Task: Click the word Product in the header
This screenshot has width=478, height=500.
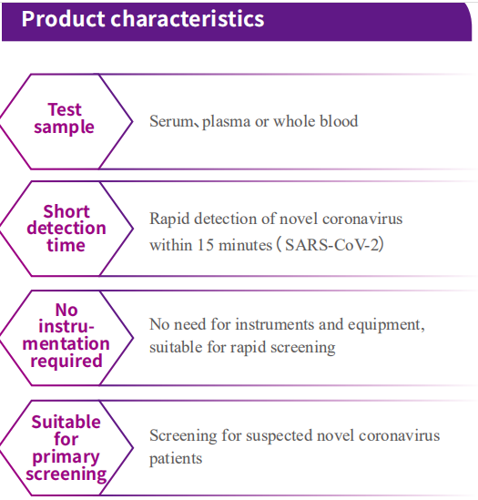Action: coord(63,18)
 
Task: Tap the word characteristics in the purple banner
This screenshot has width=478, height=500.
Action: coord(188,18)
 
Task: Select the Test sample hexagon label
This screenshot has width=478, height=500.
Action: coord(64,118)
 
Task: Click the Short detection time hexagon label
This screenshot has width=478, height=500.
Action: coord(66,229)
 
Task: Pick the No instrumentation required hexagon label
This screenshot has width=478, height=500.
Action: coord(66,335)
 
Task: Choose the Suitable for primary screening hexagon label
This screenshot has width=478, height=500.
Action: coord(66,448)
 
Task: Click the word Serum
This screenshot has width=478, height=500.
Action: coord(171,121)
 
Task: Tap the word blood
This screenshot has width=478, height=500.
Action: coord(339,121)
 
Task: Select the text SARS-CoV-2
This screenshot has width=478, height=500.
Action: coord(333,245)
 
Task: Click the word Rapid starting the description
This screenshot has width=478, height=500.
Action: coord(169,219)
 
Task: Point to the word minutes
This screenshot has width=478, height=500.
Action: coord(246,245)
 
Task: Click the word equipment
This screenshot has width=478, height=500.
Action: coord(386,325)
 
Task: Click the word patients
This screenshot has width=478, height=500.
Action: coord(176,459)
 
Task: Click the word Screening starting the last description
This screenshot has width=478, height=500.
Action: coord(183,436)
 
